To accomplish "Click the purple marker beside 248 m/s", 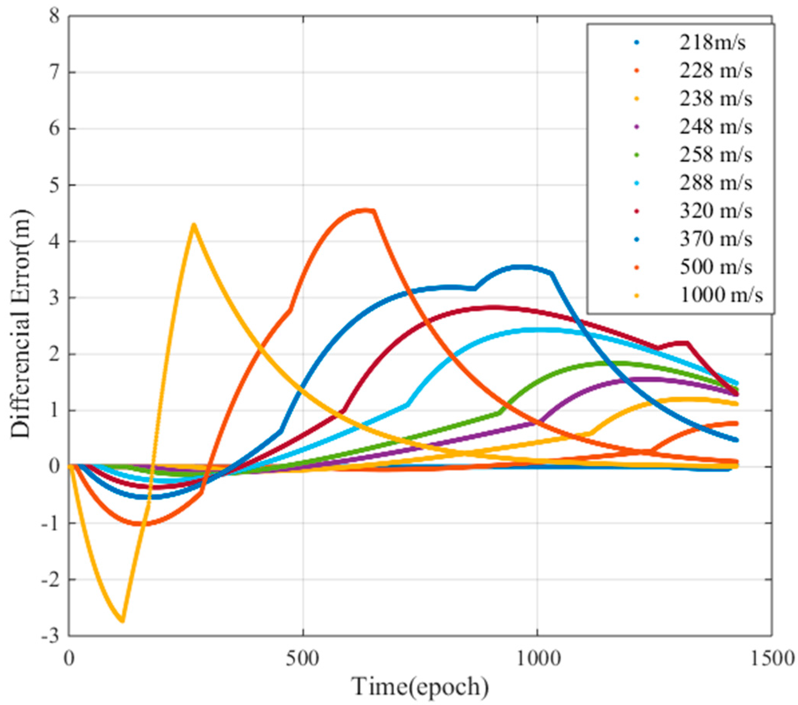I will [x=637, y=128].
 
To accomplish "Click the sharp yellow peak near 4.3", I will [x=194, y=225].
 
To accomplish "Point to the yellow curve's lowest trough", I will [x=122, y=621].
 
